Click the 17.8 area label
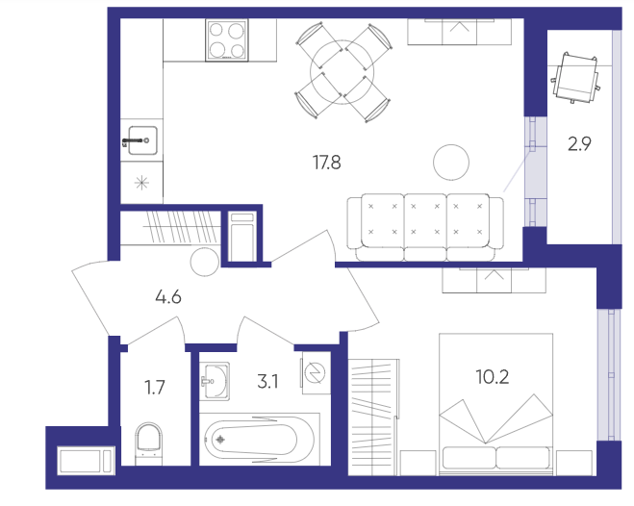(327, 163)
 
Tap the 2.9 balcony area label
(579, 144)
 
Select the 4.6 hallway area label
(168, 297)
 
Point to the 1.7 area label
(155, 388)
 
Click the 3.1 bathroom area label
(267, 381)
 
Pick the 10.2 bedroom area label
(492, 377)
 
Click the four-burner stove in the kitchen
(226, 40)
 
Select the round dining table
(342, 72)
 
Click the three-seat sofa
(425, 227)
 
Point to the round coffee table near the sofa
(451, 162)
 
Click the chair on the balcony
(575, 78)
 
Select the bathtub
(259, 440)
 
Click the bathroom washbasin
(216, 380)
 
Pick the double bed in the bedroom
(496, 404)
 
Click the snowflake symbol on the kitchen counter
(141, 183)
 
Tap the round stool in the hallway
(204, 262)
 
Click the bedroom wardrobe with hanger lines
(373, 417)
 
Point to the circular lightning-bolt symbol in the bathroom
(316, 373)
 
